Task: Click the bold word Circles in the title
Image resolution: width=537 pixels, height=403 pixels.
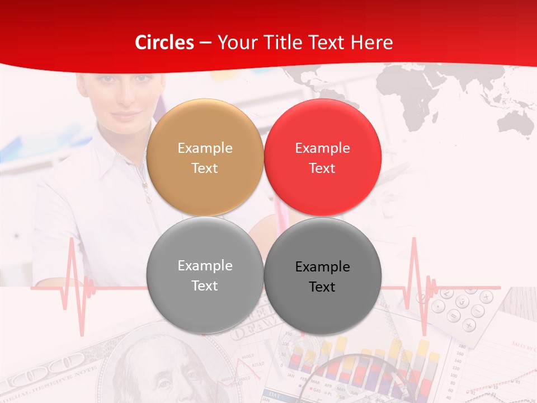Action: [164, 43]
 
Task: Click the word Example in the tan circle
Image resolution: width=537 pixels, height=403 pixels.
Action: [205, 148]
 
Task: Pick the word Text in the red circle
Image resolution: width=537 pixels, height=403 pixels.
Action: [322, 168]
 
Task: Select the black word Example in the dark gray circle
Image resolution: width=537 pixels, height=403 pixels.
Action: [322, 267]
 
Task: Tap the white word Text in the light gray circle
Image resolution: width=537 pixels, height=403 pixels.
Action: [205, 286]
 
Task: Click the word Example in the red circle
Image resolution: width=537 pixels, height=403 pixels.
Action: [322, 148]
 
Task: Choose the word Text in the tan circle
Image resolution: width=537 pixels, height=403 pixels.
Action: [205, 168]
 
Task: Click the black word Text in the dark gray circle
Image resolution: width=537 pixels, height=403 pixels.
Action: [322, 287]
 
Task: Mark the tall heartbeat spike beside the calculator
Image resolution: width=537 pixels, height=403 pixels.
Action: [414, 263]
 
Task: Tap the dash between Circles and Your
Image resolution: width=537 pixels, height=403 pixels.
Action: [205, 43]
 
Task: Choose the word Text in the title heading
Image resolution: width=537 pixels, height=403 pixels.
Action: [331, 43]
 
